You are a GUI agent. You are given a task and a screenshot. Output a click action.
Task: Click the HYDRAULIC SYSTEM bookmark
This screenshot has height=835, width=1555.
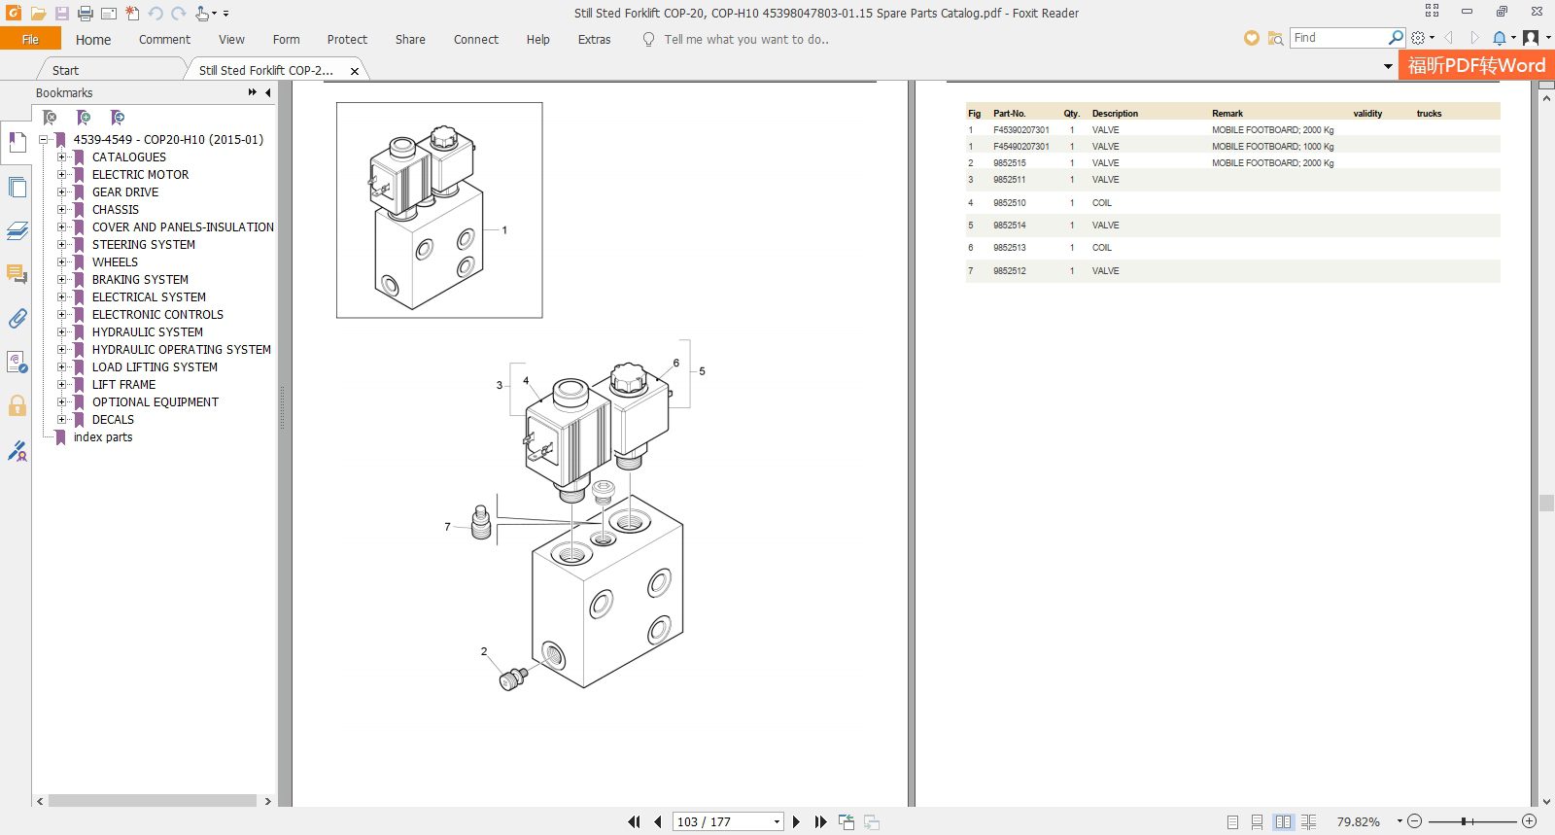click(147, 331)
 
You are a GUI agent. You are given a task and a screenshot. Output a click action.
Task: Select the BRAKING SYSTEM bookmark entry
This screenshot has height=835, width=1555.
click(140, 280)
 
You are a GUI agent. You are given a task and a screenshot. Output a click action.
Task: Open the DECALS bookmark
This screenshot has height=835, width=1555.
click(113, 419)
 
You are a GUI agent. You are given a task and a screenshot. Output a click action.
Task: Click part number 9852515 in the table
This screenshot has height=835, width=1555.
click(1010, 163)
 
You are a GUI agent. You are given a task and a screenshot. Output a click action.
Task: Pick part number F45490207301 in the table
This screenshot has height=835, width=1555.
click(1021, 147)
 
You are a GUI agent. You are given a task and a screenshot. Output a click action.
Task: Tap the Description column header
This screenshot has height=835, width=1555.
click(1115, 113)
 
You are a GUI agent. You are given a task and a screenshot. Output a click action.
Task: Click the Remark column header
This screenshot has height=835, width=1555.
click(1227, 113)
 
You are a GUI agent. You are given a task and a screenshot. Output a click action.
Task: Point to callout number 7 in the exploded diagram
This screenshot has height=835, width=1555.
click(447, 527)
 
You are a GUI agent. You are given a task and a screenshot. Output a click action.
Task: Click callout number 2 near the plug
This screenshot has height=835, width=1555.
click(484, 651)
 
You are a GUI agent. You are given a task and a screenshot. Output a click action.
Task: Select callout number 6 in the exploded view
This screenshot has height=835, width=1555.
click(676, 363)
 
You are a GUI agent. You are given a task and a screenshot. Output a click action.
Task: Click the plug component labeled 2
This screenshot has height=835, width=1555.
click(513, 678)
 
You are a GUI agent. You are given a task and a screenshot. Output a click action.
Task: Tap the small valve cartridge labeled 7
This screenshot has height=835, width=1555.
click(481, 522)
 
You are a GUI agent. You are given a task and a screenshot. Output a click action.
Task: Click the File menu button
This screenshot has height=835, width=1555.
click(30, 39)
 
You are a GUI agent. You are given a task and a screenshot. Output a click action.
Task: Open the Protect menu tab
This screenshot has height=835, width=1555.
click(347, 40)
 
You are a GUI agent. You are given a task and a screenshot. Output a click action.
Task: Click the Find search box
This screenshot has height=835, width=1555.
click(1339, 38)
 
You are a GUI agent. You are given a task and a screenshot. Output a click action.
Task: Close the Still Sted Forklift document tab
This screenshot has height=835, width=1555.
click(355, 71)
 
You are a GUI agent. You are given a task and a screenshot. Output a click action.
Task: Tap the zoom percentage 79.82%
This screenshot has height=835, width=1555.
click(1358, 821)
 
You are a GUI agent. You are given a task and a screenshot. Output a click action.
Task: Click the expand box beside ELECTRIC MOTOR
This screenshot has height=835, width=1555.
click(62, 174)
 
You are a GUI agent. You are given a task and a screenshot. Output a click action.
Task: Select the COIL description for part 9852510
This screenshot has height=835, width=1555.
click(1102, 203)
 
